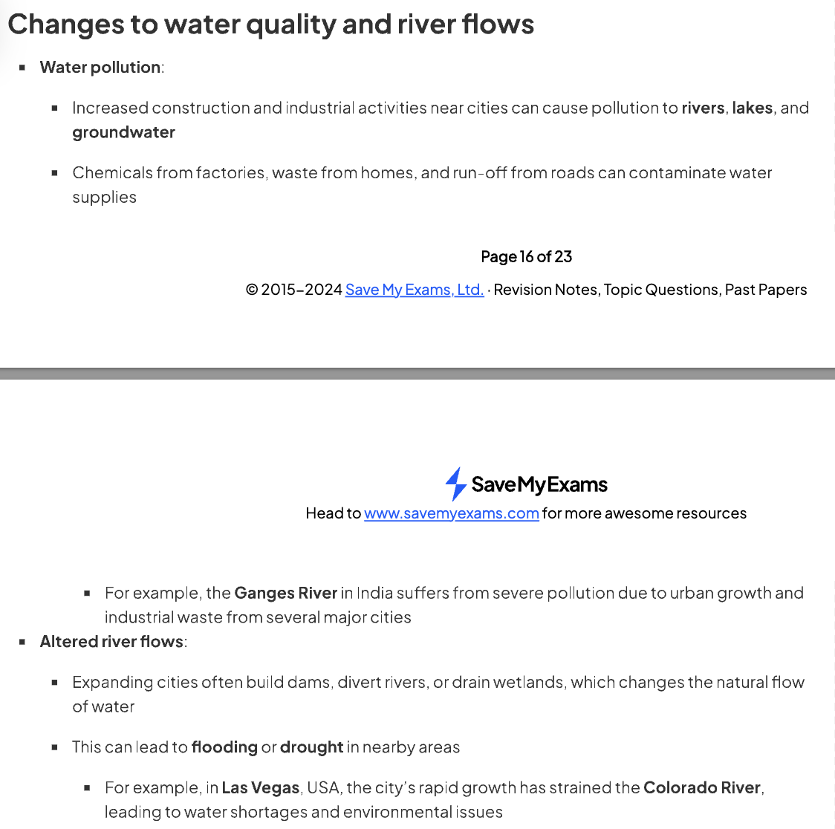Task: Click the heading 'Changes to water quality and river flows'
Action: tap(270, 25)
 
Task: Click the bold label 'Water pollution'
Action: tap(100, 67)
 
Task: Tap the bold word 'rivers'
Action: tap(703, 108)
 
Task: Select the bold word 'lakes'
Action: tap(752, 108)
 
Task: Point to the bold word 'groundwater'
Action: tap(123, 132)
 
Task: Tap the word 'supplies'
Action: tap(104, 197)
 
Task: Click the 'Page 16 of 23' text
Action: tap(526, 256)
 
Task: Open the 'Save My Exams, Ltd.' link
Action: tap(415, 290)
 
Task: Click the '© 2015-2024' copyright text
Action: tap(293, 290)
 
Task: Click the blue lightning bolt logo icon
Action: tap(455, 484)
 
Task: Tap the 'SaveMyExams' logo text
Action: tap(539, 484)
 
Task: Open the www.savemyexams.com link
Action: tap(451, 513)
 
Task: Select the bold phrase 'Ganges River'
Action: tap(286, 593)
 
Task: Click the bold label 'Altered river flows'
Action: tap(111, 641)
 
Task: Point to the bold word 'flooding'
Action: tap(224, 747)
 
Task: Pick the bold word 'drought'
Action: tap(311, 747)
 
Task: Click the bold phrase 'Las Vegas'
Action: tap(260, 787)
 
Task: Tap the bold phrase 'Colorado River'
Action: tap(702, 787)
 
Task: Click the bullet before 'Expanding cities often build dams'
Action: tap(55, 682)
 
